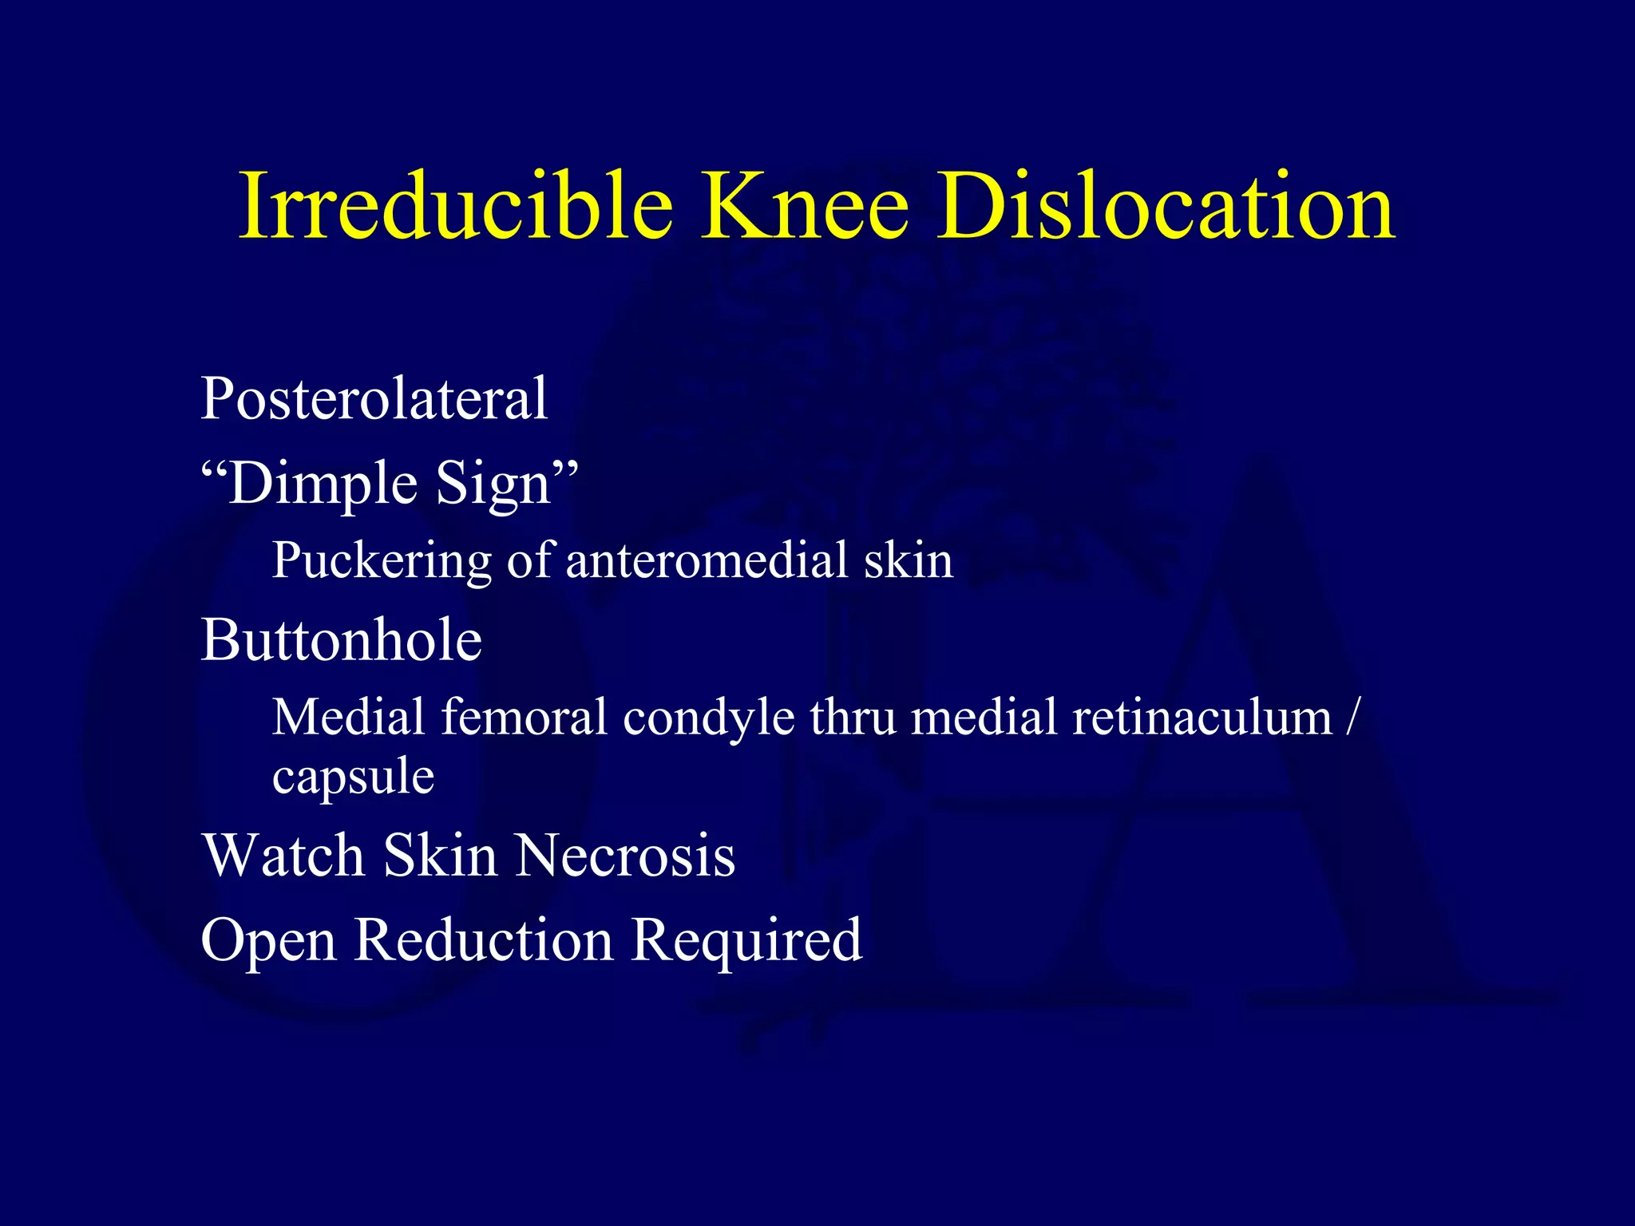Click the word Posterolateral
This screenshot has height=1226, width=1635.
(374, 398)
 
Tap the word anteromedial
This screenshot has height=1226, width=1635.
(707, 560)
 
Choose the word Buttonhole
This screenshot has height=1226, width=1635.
(342, 640)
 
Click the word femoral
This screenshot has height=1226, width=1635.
(525, 716)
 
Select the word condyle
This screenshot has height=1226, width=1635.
(709, 718)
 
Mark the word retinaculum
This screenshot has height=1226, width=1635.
(1202, 716)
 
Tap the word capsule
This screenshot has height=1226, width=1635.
(353, 777)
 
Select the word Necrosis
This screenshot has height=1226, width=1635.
(625, 856)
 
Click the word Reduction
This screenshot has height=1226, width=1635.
(484, 939)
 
